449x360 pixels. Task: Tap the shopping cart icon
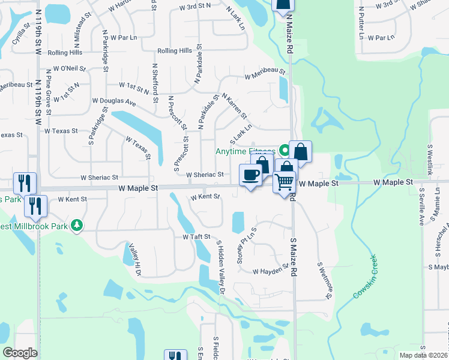[285, 180]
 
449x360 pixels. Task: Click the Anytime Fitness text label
[245, 151]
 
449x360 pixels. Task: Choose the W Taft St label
[196, 237]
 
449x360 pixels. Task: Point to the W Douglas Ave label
[114, 102]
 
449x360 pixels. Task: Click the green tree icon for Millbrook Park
[76, 225]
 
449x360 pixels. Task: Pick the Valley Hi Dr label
[133, 259]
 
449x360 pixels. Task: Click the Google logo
[20, 353]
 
